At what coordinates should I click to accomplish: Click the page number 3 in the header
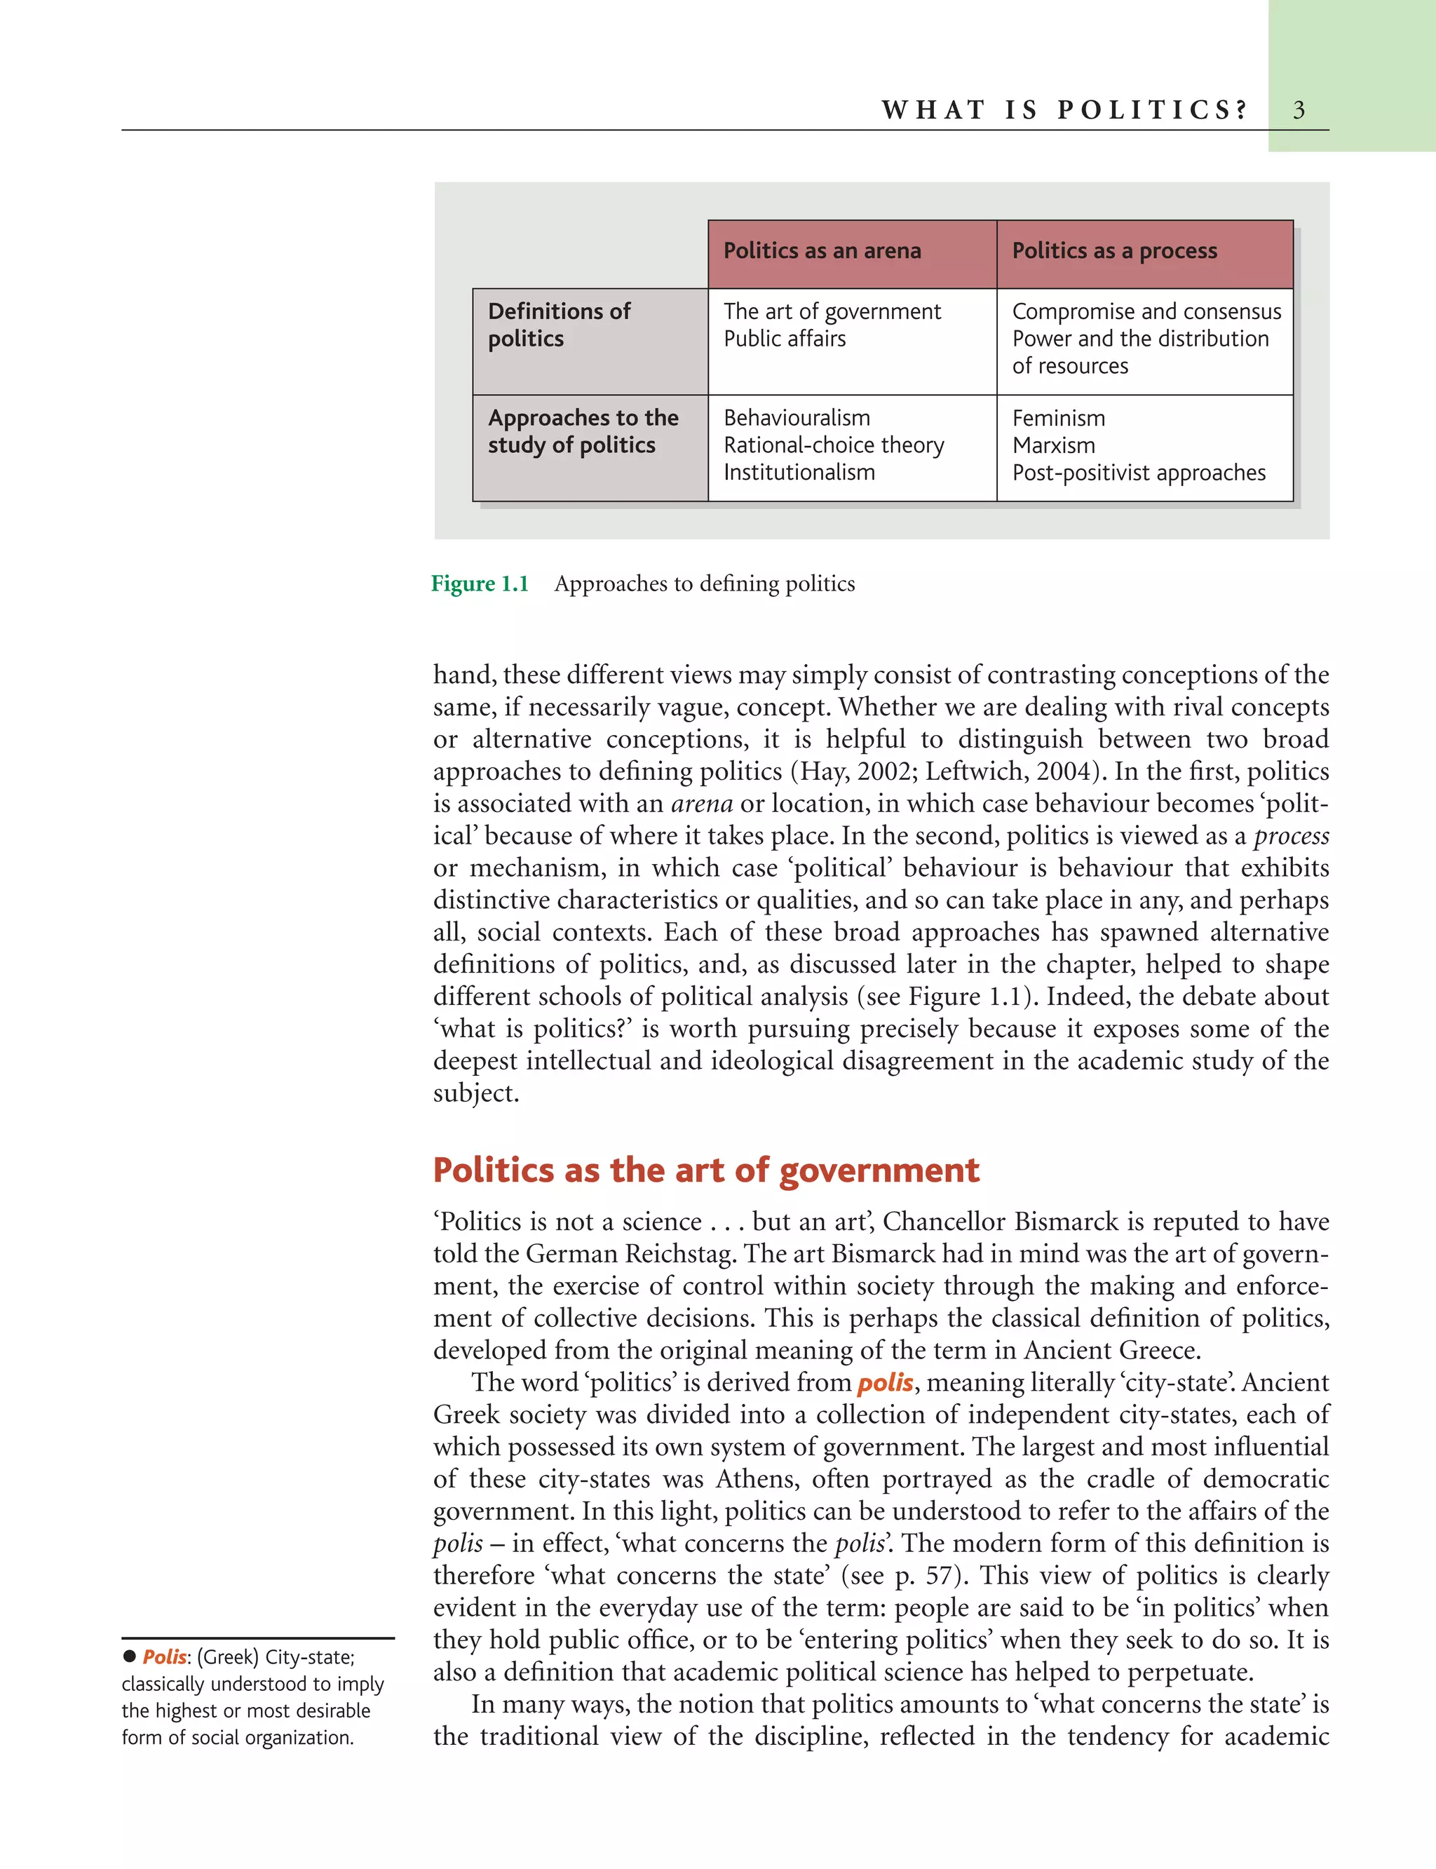pos(1299,110)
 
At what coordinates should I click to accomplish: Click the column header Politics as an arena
pos(822,250)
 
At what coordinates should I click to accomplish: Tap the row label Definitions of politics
pos(559,325)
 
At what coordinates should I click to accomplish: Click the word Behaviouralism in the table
pos(797,418)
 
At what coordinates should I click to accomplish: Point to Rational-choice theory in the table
pos(834,445)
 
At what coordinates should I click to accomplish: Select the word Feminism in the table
pos(1058,418)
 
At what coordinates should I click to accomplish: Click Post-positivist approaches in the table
pos(1139,473)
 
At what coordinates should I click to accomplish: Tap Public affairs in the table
pos(784,339)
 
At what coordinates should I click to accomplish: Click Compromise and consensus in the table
pos(1146,311)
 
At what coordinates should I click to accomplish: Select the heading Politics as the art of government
pos(705,1170)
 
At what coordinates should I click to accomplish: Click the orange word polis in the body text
pos(885,1382)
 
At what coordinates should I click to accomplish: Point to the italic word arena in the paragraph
pos(702,804)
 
